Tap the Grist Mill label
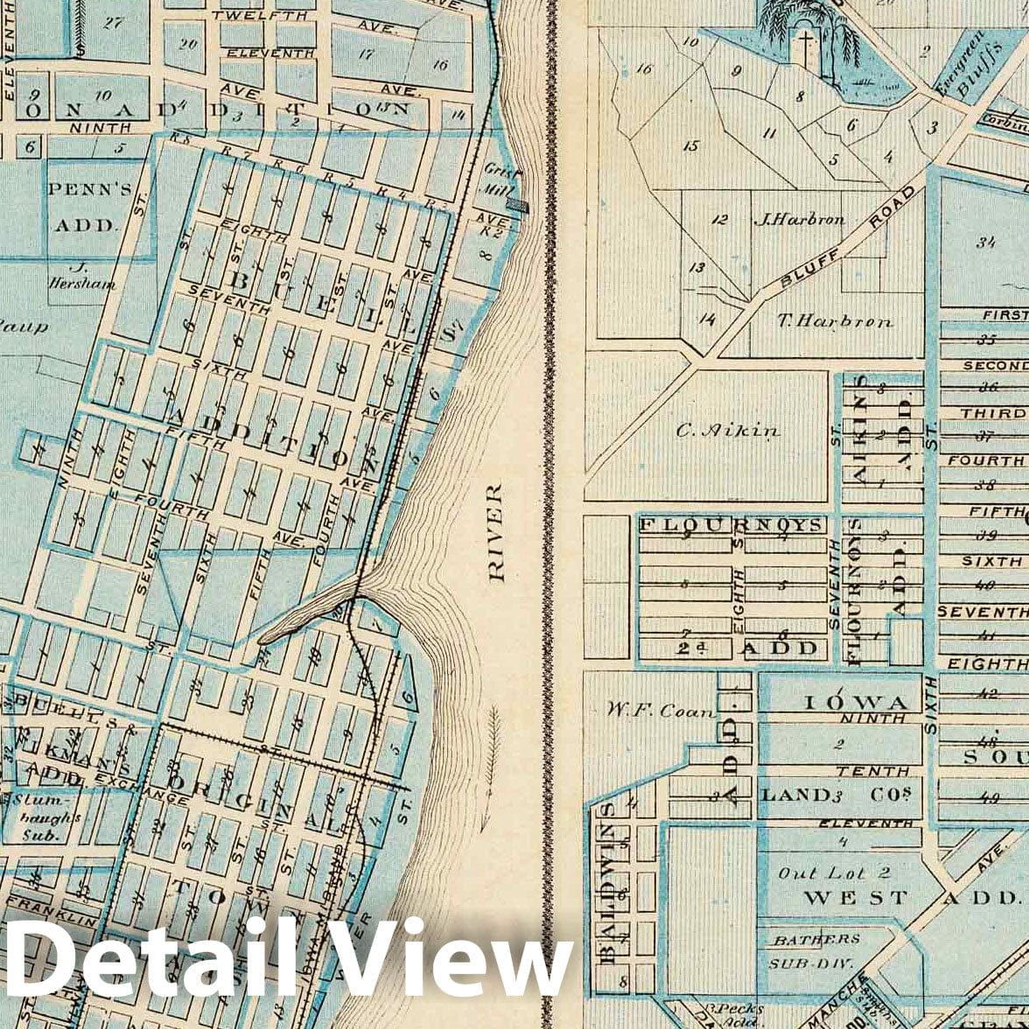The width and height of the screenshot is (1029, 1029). [x=497, y=180]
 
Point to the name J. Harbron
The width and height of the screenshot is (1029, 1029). [x=799, y=220]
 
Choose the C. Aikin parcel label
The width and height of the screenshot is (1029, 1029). [x=728, y=430]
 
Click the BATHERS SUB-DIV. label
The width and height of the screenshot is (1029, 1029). [x=814, y=949]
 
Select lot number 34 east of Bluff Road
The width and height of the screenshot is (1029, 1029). [x=987, y=242]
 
